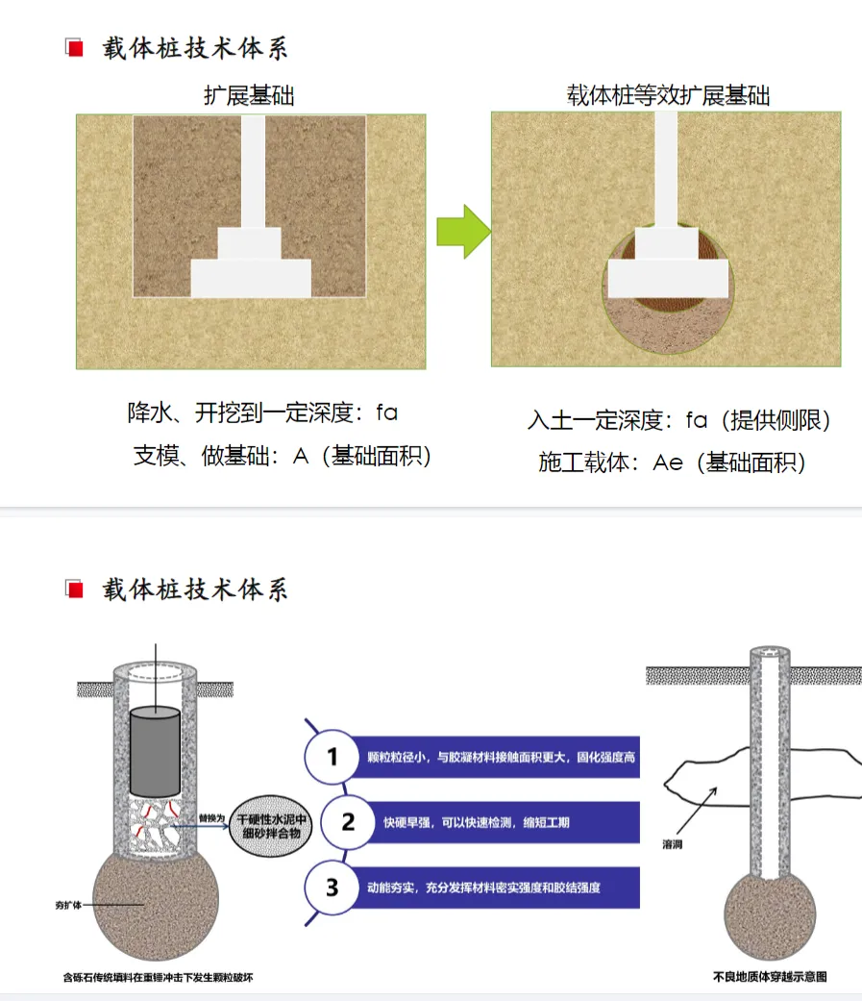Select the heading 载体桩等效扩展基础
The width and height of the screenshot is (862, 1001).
tap(668, 95)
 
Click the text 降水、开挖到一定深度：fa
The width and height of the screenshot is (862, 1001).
tap(262, 413)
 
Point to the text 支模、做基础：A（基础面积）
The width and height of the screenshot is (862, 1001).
tap(282, 457)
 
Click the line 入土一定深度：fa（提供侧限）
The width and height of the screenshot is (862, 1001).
tap(678, 420)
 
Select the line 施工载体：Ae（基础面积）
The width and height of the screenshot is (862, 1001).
tap(672, 463)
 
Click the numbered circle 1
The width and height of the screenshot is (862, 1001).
tap(332, 758)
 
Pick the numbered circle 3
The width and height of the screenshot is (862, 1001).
tap(332, 887)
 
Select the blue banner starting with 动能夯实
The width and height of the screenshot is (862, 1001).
tap(490, 888)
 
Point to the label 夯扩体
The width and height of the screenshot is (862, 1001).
tap(69, 905)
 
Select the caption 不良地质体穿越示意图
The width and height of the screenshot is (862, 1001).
tap(769, 977)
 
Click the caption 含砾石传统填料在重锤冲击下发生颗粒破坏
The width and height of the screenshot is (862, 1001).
tap(158, 977)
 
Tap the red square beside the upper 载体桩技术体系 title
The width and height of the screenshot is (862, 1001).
tap(72, 47)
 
